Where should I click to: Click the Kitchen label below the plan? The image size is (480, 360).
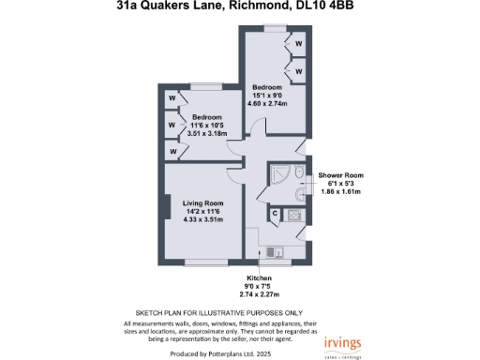[259, 278]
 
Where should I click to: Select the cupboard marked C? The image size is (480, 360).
[275, 214]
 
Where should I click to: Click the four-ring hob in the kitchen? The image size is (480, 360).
[294, 216]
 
